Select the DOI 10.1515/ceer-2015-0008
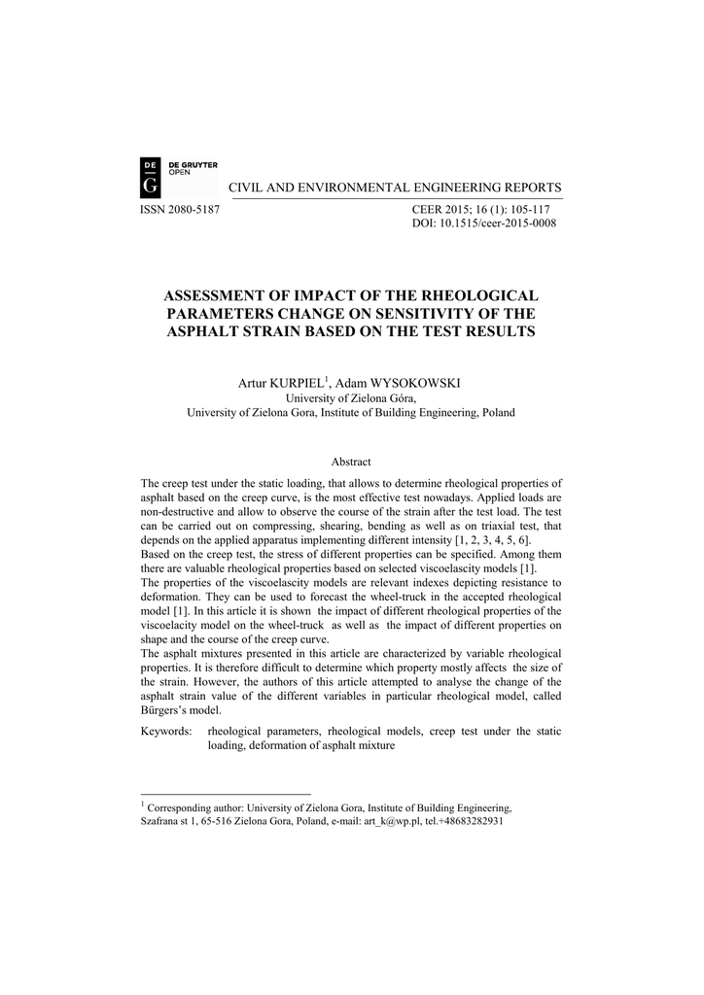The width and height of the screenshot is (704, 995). click(x=505, y=223)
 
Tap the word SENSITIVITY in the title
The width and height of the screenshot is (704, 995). click(x=423, y=314)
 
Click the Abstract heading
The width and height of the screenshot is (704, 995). click(x=351, y=462)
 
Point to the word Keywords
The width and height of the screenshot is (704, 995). click(x=165, y=731)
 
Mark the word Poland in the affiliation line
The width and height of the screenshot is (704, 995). click(x=498, y=412)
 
